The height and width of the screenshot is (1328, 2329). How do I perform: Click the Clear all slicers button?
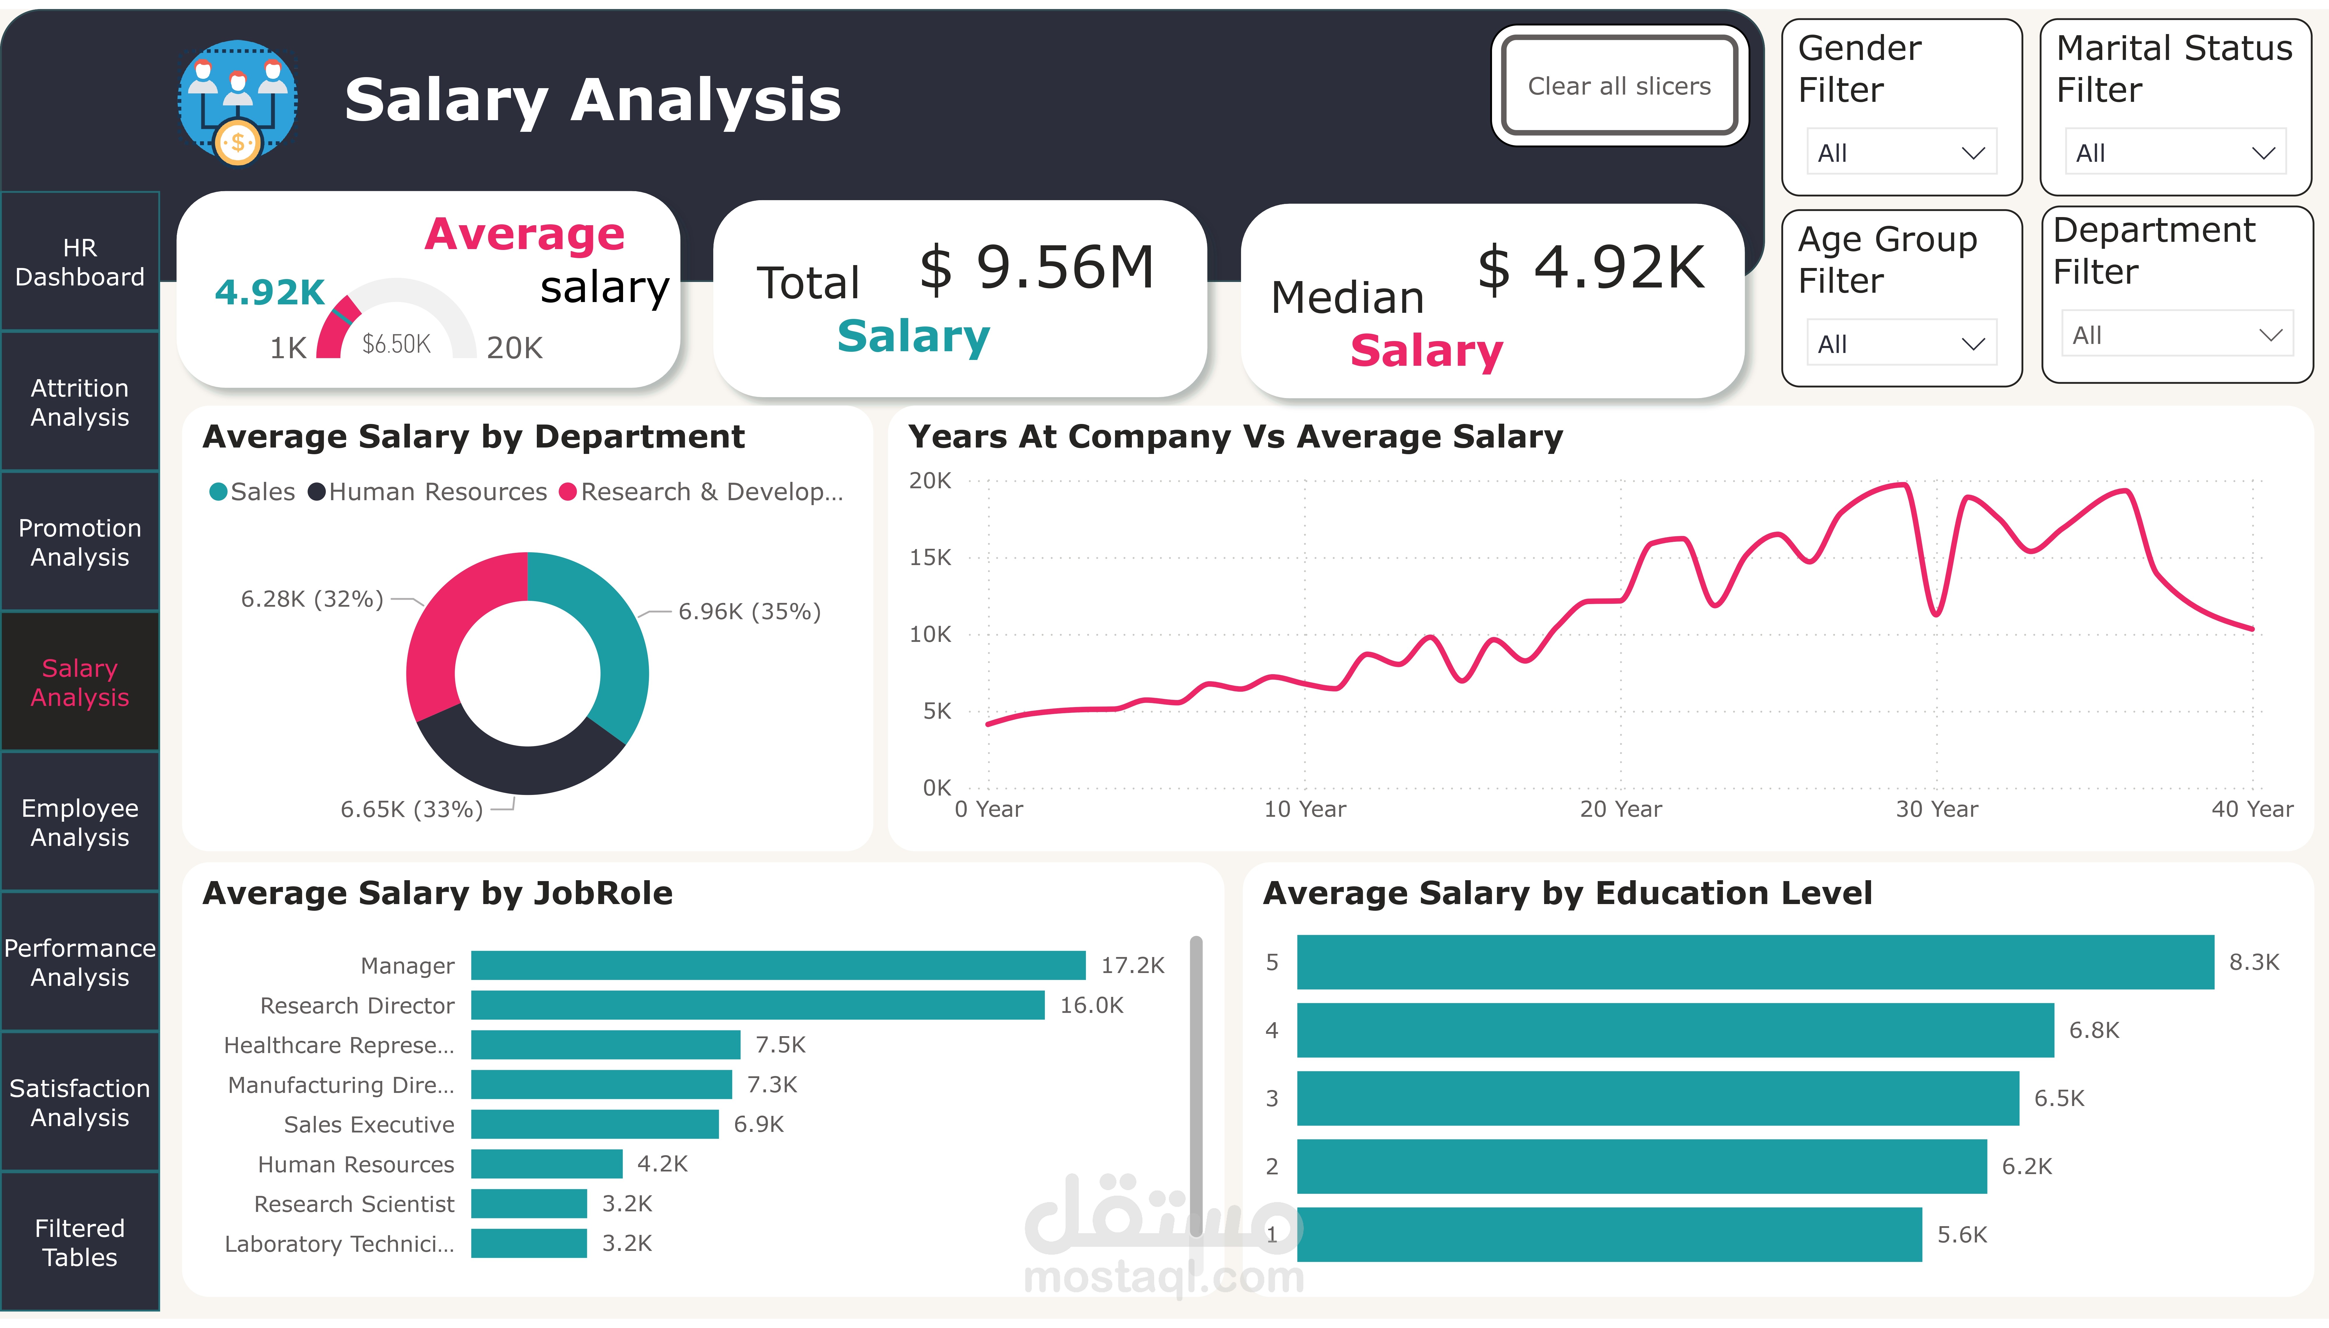(x=1619, y=86)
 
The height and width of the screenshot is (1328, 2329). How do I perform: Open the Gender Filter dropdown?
(x=1901, y=152)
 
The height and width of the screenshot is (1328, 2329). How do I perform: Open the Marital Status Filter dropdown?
(x=2175, y=152)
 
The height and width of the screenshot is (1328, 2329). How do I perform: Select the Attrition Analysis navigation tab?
(x=80, y=402)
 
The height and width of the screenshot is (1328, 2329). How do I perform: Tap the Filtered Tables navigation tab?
(x=80, y=1242)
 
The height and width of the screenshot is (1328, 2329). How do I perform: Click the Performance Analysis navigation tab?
(x=80, y=962)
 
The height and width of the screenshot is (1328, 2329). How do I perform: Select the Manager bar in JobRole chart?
(x=778, y=965)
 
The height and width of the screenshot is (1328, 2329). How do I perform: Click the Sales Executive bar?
(x=595, y=1124)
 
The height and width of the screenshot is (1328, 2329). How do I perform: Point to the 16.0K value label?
(x=1091, y=1005)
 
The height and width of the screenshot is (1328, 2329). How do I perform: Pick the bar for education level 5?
(x=1755, y=961)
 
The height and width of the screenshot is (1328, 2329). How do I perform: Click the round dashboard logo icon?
(x=238, y=101)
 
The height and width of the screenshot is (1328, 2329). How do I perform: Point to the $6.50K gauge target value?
(x=396, y=344)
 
